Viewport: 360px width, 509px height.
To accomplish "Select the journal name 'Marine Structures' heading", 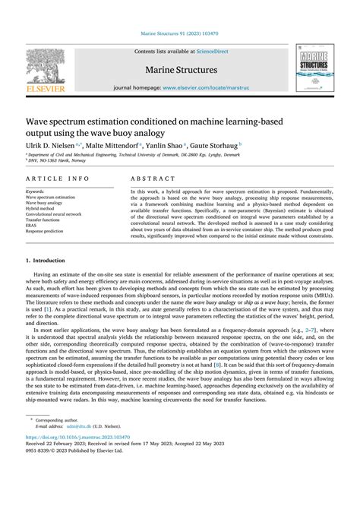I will coord(180,70).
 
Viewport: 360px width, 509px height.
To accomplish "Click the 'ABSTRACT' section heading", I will coord(152,178).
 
